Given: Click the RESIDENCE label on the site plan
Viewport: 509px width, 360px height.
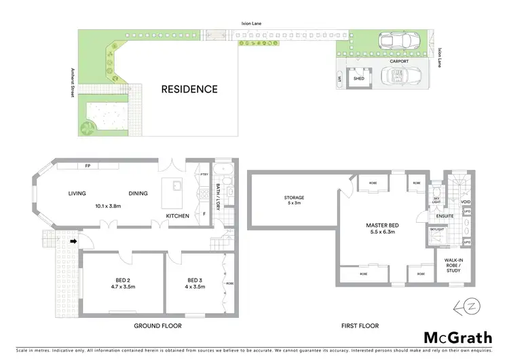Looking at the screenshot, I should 189,89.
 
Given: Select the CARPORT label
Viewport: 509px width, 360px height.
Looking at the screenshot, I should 398,61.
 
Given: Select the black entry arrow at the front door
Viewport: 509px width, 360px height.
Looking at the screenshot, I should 71,239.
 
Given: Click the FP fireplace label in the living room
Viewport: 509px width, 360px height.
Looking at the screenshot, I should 88,166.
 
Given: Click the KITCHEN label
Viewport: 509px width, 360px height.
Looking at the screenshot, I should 178,217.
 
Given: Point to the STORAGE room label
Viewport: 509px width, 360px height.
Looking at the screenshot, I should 295,197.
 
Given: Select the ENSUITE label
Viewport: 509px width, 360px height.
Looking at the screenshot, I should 445,217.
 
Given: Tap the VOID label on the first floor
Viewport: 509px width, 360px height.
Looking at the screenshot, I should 466,202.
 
